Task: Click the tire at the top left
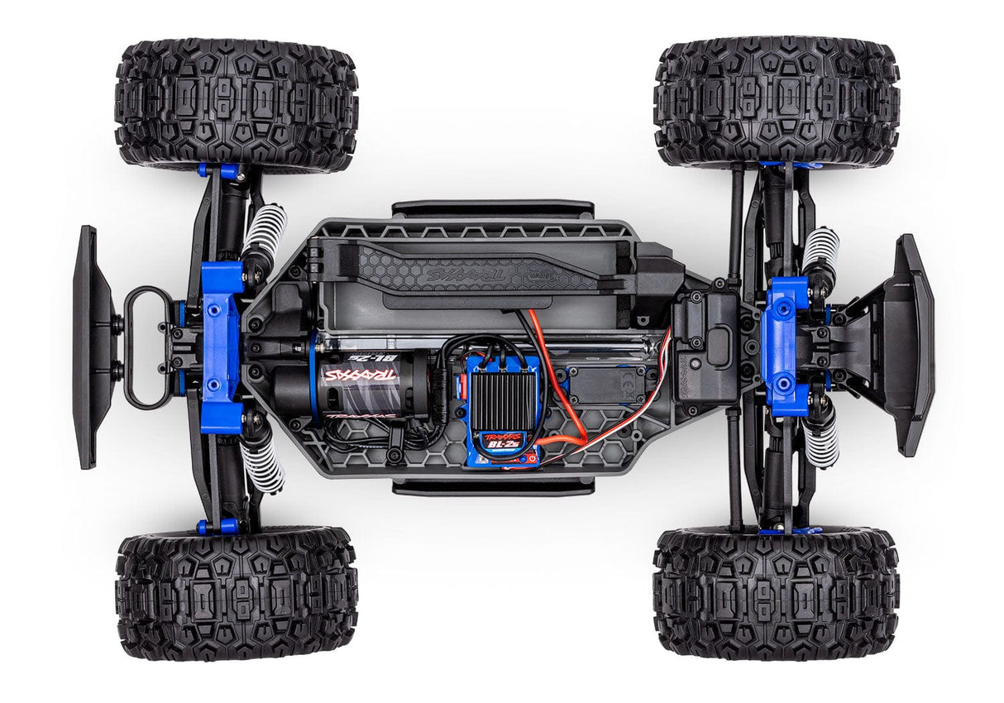tap(237, 106)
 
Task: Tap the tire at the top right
tap(776, 102)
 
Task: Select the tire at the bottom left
tap(237, 593)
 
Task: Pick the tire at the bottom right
tap(776, 593)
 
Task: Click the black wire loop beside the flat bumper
tap(144, 347)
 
